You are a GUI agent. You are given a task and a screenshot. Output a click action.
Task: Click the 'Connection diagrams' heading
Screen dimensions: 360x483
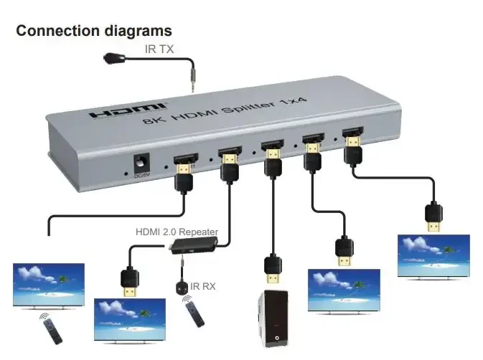pyautogui.click(x=94, y=31)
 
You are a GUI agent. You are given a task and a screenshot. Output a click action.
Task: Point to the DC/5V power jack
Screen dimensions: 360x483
pyautogui.click(x=148, y=164)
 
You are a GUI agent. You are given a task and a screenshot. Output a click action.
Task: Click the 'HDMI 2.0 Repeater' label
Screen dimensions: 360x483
pyautogui.click(x=177, y=232)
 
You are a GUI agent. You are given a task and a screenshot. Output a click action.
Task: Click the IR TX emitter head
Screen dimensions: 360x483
pyautogui.click(x=113, y=57)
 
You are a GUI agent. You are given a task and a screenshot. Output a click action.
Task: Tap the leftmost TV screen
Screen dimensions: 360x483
pyautogui.click(x=49, y=285)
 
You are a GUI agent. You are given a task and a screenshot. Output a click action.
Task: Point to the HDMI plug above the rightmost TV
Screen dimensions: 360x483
pyautogui.click(x=433, y=217)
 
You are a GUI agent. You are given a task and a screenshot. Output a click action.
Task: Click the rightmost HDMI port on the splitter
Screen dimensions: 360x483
pyautogui.click(x=352, y=133)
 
